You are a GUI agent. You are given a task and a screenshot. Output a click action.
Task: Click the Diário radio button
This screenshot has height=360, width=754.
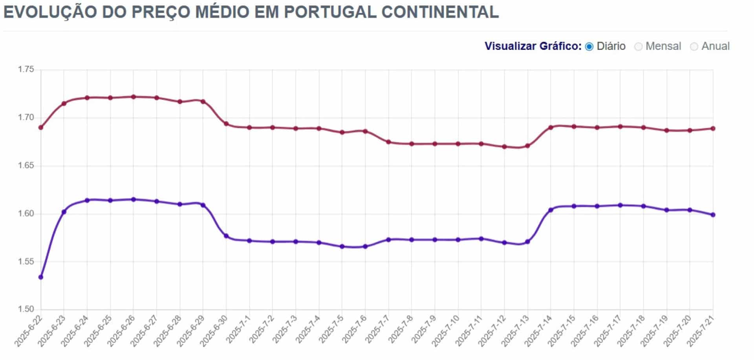(x=589, y=47)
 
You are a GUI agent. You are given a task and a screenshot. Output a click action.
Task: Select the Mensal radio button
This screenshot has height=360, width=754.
(x=639, y=47)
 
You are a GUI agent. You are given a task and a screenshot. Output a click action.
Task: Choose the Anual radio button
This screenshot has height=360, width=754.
(x=694, y=47)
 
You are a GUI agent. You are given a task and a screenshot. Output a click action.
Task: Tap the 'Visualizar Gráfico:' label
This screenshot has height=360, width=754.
(x=533, y=46)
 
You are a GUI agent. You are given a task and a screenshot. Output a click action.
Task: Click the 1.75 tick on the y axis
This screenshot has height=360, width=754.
(x=26, y=69)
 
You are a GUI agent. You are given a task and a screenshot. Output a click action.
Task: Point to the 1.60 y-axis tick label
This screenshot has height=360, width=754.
(x=26, y=214)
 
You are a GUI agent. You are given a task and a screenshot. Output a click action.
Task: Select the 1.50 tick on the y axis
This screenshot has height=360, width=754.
(x=26, y=309)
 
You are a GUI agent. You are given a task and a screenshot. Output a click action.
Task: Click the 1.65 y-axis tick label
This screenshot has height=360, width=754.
(x=26, y=166)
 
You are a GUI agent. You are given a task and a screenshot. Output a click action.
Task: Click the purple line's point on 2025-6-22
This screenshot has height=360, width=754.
(x=41, y=277)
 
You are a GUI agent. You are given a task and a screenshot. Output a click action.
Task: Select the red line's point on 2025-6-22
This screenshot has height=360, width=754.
(x=41, y=128)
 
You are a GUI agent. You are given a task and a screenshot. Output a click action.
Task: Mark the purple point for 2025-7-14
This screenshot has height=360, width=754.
(x=551, y=210)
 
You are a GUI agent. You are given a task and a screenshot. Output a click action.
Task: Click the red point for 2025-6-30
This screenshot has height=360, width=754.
(x=226, y=124)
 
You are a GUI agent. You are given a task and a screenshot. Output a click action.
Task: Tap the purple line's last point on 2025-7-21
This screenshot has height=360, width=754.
(x=713, y=215)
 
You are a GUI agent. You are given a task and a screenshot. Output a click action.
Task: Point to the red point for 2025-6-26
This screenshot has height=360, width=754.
(x=134, y=97)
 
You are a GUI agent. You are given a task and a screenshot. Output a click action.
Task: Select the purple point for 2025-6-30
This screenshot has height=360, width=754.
(x=226, y=236)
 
